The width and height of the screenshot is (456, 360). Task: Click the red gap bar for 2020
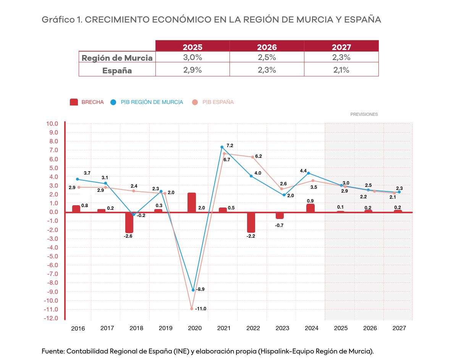click(x=192, y=203)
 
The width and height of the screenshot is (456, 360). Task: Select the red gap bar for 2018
click(x=129, y=222)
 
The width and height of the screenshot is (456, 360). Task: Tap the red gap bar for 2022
click(x=251, y=222)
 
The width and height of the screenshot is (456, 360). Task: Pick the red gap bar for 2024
click(x=310, y=208)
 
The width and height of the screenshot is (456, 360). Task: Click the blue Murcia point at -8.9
click(x=193, y=290)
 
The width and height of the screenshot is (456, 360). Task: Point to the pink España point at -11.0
click(x=192, y=308)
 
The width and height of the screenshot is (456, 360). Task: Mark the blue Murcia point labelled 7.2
click(x=222, y=147)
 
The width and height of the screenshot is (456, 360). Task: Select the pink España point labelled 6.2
click(x=252, y=157)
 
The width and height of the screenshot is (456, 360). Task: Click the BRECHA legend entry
click(x=87, y=102)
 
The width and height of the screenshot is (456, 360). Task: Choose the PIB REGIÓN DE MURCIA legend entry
click(x=147, y=102)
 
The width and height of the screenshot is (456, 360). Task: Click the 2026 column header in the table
click(x=267, y=47)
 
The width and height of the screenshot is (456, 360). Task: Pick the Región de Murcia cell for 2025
click(x=192, y=58)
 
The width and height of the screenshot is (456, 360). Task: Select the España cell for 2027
click(x=341, y=70)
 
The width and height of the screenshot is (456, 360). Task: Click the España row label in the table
click(x=117, y=71)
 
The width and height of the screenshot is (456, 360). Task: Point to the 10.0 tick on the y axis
click(x=52, y=124)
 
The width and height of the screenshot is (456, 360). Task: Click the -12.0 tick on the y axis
click(x=52, y=318)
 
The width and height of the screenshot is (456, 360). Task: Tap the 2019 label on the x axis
click(x=165, y=328)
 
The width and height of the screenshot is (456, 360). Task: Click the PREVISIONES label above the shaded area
click(x=364, y=114)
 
